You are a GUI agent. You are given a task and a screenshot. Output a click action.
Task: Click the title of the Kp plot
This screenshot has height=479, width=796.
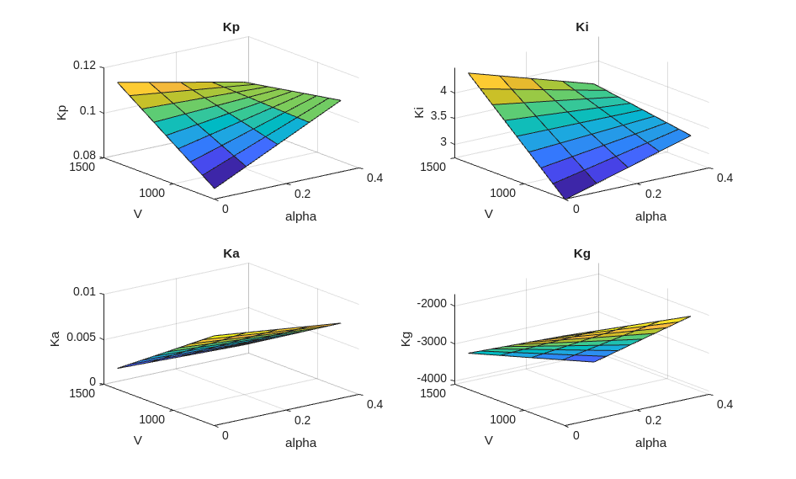click(x=231, y=27)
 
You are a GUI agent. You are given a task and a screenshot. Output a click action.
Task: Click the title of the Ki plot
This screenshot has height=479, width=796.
click(x=582, y=27)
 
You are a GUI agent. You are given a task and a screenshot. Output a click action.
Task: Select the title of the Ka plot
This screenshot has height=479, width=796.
click(x=231, y=253)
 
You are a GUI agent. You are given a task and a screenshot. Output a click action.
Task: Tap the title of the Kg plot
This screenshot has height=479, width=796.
click(x=582, y=253)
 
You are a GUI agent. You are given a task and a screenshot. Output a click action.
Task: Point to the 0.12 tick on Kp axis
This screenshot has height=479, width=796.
click(x=84, y=65)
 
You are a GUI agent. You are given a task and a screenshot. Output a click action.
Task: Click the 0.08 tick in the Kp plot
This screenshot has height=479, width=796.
click(x=84, y=155)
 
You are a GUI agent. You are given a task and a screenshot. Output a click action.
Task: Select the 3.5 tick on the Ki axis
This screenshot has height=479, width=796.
click(x=438, y=116)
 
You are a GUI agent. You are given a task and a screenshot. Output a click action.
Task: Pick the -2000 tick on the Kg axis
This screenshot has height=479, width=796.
click(x=432, y=303)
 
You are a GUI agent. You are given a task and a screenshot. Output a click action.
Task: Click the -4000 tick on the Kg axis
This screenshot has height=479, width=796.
click(x=432, y=378)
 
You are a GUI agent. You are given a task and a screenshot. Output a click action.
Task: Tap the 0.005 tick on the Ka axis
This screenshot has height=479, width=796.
click(x=81, y=337)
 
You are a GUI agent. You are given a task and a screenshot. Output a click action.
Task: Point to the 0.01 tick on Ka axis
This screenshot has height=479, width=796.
click(x=84, y=291)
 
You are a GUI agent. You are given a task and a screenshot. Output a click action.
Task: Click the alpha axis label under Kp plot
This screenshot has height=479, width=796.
click(x=300, y=216)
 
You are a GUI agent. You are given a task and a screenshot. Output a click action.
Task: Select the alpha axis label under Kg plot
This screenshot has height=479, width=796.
click(x=650, y=443)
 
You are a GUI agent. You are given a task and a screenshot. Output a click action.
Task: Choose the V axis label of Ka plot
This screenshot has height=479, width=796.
click(x=138, y=440)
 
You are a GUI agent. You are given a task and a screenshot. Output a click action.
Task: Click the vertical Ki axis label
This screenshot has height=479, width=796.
click(x=419, y=112)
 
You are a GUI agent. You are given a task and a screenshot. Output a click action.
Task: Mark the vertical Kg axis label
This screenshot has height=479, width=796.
click(x=406, y=338)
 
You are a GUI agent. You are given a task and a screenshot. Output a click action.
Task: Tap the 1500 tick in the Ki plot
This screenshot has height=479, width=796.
click(x=432, y=167)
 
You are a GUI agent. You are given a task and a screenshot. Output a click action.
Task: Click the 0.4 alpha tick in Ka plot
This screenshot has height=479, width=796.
click(x=374, y=404)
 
